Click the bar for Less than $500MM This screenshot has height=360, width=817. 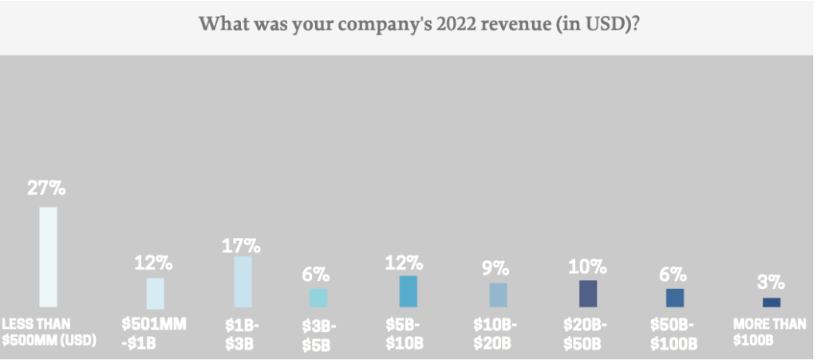[x=49, y=257]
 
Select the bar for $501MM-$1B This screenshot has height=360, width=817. [x=155, y=293]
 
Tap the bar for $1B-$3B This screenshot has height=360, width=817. [x=243, y=282]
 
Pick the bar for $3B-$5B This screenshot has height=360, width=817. [x=318, y=298]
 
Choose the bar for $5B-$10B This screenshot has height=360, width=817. [x=408, y=291]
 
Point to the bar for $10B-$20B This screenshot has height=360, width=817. [x=498, y=295]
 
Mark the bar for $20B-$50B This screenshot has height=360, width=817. [x=588, y=294]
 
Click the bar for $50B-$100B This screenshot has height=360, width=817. [x=675, y=298]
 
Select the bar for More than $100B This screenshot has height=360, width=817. [x=772, y=303]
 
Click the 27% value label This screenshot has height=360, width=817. [x=46, y=189]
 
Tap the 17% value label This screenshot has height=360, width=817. [x=241, y=245]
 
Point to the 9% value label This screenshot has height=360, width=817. [x=497, y=268]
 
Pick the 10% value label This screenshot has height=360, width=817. [x=587, y=266]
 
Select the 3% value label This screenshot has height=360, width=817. [x=772, y=283]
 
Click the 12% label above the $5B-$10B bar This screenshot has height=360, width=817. [x=407, y=263]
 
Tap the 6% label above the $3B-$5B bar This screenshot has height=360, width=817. [x=316, y=274]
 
